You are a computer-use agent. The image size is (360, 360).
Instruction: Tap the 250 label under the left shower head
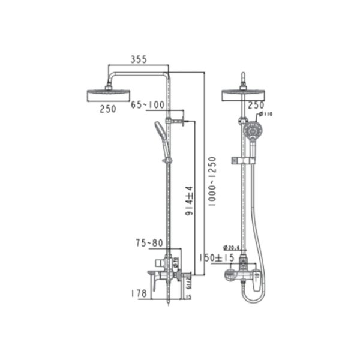click(x=108, y=109)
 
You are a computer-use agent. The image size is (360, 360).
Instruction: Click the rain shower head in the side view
click(x=108, y=95)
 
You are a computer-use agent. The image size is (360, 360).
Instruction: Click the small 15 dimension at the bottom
click(x=188, y=296)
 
